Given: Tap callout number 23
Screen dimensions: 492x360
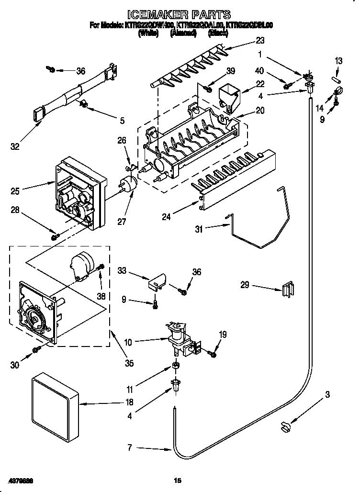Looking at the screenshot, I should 260,40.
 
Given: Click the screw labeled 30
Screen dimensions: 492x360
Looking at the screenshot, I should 35,351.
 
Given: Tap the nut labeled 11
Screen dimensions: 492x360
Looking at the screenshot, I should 176,367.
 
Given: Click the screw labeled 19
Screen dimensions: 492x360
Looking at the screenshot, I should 212,354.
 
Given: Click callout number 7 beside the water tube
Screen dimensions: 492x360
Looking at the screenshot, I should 129,448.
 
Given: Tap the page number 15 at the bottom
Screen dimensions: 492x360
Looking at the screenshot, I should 179,480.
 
